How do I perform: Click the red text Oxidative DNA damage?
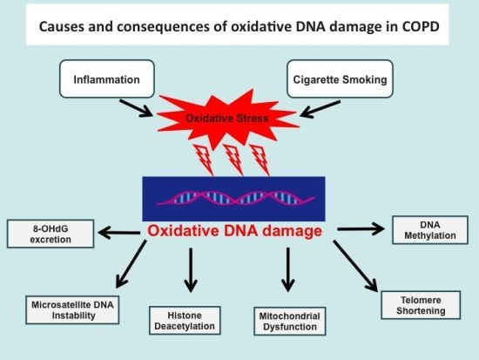(235, 232)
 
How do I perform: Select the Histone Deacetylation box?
(185, 319)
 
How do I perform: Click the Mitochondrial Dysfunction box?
(288, 319)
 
